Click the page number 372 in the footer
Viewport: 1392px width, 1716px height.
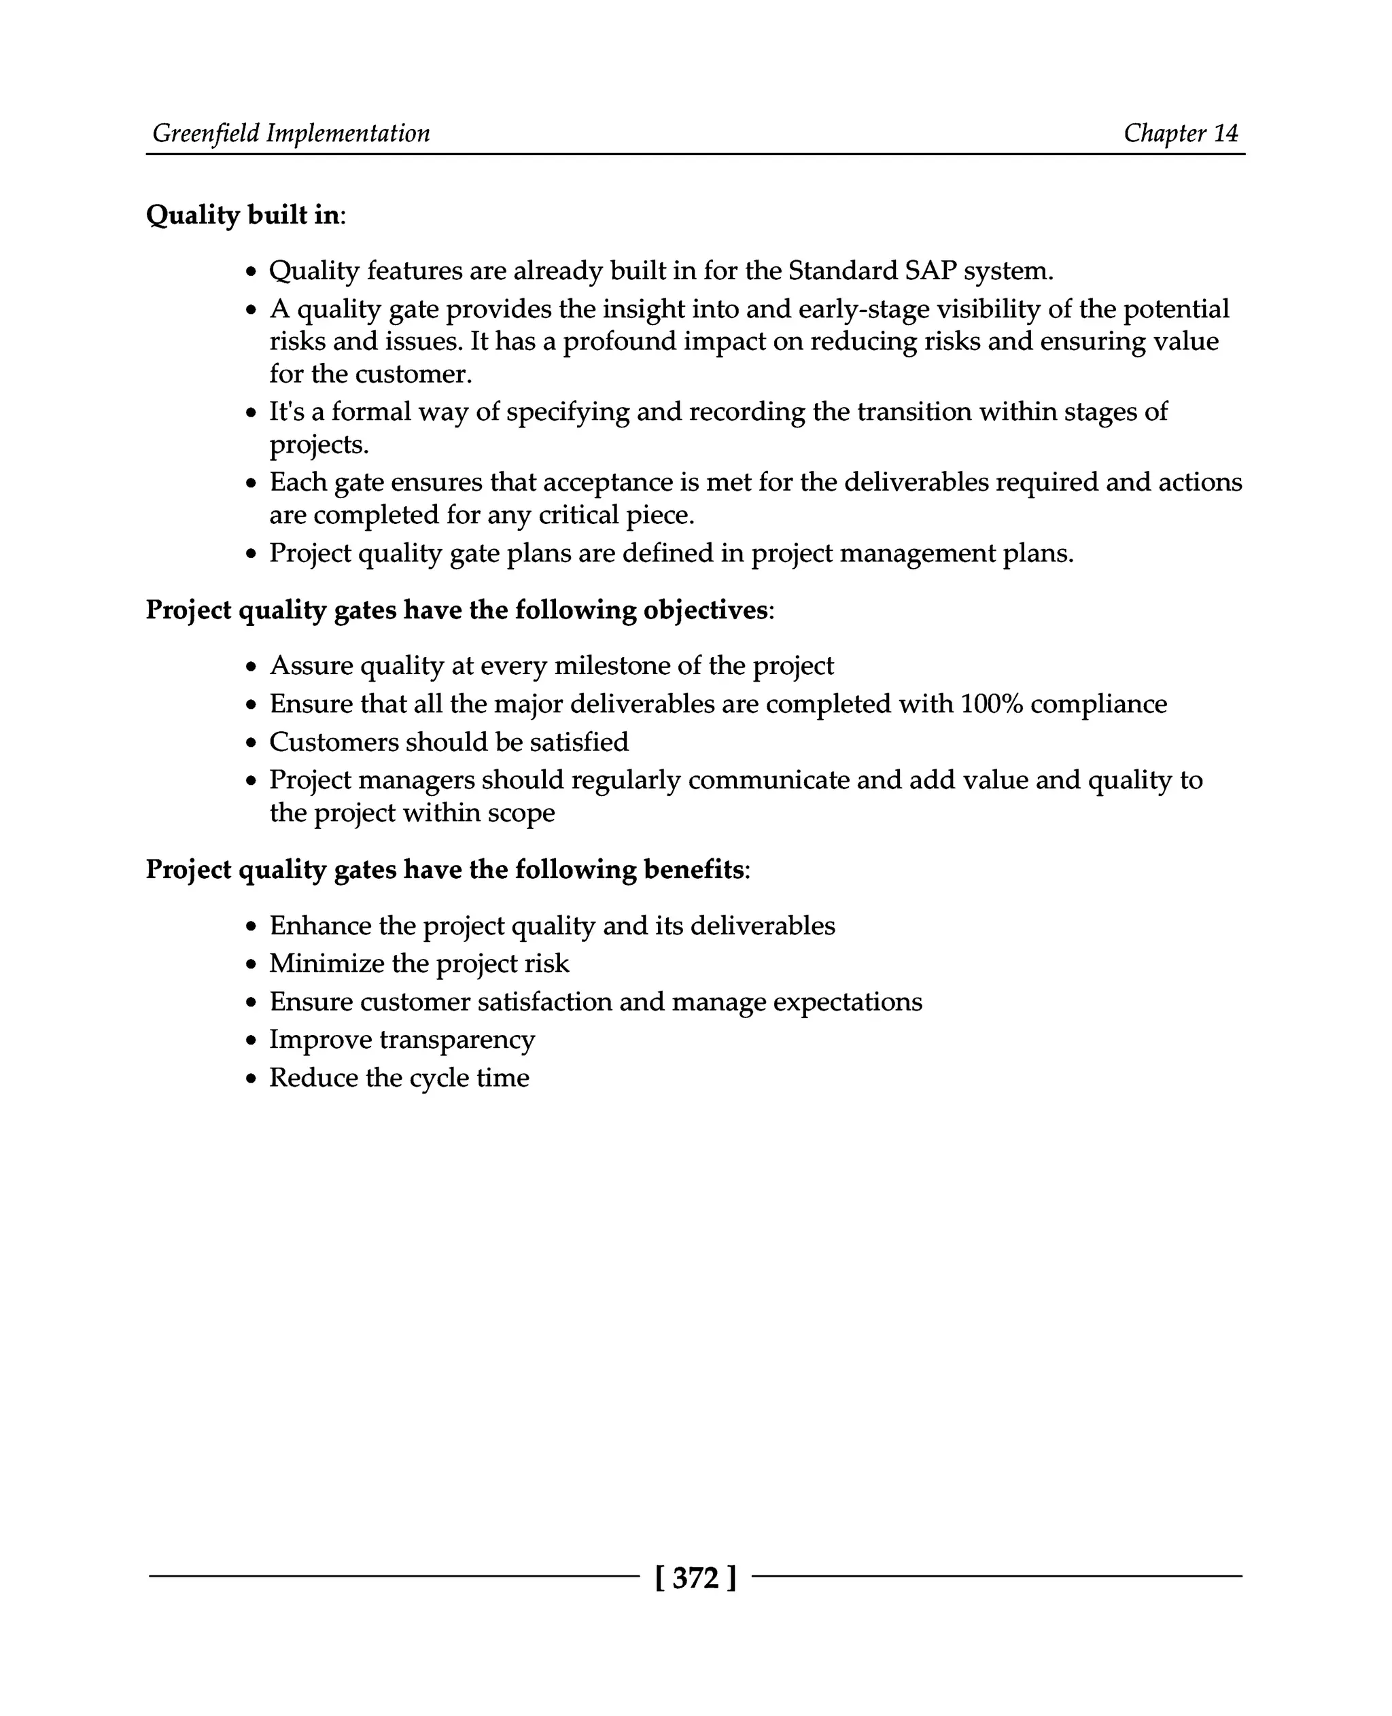(695, 1578)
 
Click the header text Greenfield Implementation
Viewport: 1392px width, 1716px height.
(291, 133)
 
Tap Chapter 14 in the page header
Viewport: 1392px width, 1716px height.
(1181, 133)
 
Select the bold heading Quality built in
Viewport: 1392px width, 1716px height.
(242, 215)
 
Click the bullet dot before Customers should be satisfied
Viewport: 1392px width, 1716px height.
(251, 743)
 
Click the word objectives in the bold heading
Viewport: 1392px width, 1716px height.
(705, 610)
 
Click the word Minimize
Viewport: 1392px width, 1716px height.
(326, 964)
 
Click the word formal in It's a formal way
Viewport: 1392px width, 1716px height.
(371, 411)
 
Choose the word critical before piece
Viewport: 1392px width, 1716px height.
(577, 515)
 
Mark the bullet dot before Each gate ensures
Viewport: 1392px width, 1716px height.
(251, 483)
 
